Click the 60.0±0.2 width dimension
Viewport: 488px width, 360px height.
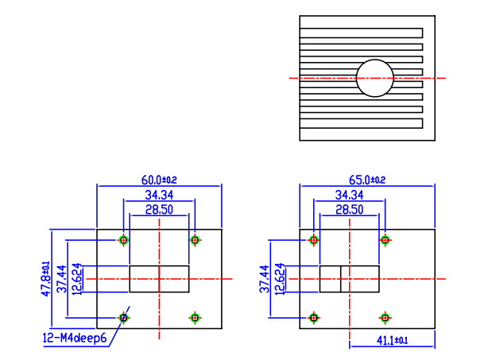pyautogui.click(x=159, y=180)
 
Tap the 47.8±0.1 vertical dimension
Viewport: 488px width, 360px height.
pyautogui.click(x=45, y=278)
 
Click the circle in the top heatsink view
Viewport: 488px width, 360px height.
pyautogui.click(x=374, y=78)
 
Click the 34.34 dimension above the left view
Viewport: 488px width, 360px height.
pyautogui.click(x=159, y=195)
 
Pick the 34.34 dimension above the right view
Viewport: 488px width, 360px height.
pyautogui.click(x=350, y=195)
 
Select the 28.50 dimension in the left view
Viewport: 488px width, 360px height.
pyautogui.click(x=159, y=209)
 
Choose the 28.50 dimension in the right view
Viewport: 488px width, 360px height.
pyautogui.click(x=350, y=209)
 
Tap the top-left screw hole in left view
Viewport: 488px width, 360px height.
pyautogui.click(x=123, y=240)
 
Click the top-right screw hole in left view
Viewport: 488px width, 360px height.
pyautogui.click(x=195, y=240)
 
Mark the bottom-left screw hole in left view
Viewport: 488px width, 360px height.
pyautogui.click(x=123, y=317)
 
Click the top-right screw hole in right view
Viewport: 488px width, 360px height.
pyautogui.click(x=385, y=240)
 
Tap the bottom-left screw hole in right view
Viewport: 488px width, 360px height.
pyautogui.click(x=314, y=317)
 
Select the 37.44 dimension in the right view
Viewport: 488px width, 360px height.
pyautogui.click(x=265, y=279)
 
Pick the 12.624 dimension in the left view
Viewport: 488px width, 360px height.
pyautogui.click(x=76, y=279)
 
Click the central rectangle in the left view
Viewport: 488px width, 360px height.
pyautogui.click(x=159, y=279)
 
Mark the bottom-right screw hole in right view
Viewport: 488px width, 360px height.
pyautogui.click(x=385, y=317)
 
